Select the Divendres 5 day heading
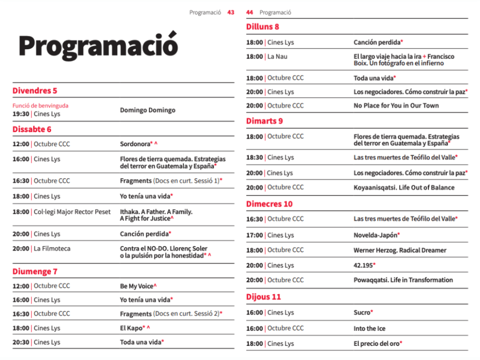click(x=35, y=90)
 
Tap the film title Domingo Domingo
click(x=148, y=110)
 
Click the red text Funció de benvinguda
click(x=40, y=106)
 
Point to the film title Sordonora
click(x=136, y=144)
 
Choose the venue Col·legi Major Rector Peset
click(x=72, y=212)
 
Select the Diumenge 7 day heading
click(x=35, y=271)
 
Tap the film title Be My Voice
click(x=136, y=286)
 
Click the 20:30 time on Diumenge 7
click(x=21, y=342)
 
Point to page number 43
click(x=231, y=13)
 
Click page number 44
click(x=249, y=13)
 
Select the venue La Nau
click(x=277, y=57)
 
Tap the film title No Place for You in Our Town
click(x=396, y=105)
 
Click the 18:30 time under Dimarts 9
click(x=255, y=157)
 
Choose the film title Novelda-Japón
click(x=375, y=235)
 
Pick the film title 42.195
click(x=363, y=265)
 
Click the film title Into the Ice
click(x=369, y=329)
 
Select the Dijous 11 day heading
click(x=263, y=297)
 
